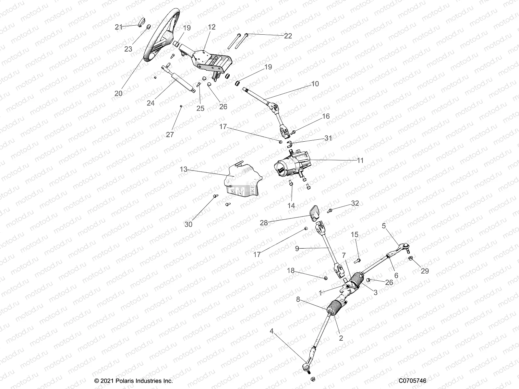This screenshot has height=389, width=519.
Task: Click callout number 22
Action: click(x=288, y=36)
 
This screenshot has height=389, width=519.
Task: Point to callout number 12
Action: click(x=211, y=27)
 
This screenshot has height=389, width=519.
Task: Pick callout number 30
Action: click(x=188, y=224)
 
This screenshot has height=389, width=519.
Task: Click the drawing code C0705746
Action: click(x=413, y=381)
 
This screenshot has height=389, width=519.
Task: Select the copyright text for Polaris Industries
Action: click(x=134, y=381)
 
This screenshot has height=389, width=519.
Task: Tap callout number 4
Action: click(x=272, y=331)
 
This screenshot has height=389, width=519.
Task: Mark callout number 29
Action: click(x=425, y=271)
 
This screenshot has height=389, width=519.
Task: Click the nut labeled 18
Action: click(x=326, y=278)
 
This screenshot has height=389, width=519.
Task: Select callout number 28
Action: click(x=264, y=223)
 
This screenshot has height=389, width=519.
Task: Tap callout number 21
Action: click(x=119, y=27)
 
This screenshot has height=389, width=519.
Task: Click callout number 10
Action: click(x=315, y=84)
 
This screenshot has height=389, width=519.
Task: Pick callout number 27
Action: click(x=170, y=135)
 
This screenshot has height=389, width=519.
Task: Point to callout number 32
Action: click(x=355, y=203)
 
